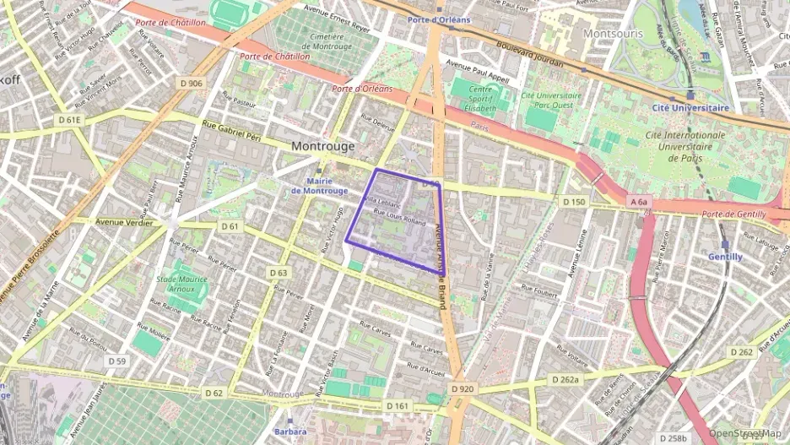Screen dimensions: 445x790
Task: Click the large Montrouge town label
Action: pyautogui.click(x=323, y=146)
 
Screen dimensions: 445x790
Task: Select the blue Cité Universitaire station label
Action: pyautogui.click(x=690, y=108)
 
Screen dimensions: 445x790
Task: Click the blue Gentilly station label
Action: pyautogui.click(x=726, y=257)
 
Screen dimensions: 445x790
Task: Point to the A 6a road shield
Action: pyautogui.click(x=638, y=202)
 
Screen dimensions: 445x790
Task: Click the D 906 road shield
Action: pyautogui.click(x=192, y=83)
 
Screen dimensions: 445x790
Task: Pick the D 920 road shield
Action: pyautogui.click(x=463, y=388)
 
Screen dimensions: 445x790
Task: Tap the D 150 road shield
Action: pyautogui.click(x=573, y=201)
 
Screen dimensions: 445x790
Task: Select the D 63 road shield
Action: pyautogui.click(x=279, y=273)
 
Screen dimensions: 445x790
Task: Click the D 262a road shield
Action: pyautogui.click(x=565, y=380)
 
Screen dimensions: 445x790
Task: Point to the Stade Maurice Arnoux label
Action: pyautogui.click(x=182, y=282)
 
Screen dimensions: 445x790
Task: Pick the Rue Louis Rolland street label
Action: pyautogui.click(x=399, y=217)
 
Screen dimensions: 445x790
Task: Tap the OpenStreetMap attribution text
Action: pyautogui.click(x=744, y=433)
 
